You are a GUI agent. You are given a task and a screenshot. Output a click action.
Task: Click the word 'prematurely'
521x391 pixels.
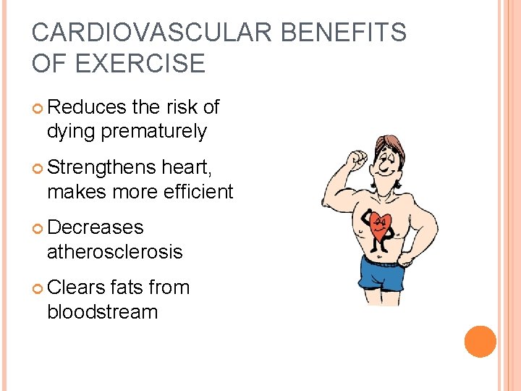(x=153, y=132)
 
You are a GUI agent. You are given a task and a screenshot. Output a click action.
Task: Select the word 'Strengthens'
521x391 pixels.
(x=101, y=167)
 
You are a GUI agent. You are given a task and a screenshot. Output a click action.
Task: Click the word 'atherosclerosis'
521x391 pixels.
(x=114, y=252)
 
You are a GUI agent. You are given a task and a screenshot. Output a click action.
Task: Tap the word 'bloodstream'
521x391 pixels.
(x=102, y=312)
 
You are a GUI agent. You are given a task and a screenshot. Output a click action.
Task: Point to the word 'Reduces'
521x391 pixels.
(x=87, y=107)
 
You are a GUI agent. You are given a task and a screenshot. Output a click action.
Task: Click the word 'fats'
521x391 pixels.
(x=126, y=287)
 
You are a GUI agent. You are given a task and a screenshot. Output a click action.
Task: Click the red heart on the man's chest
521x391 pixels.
(x=378, y=225)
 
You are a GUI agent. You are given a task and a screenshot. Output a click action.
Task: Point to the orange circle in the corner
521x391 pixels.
(x=480, y=342)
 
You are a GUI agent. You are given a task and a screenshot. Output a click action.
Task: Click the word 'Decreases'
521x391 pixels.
(x=95, y=227)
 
